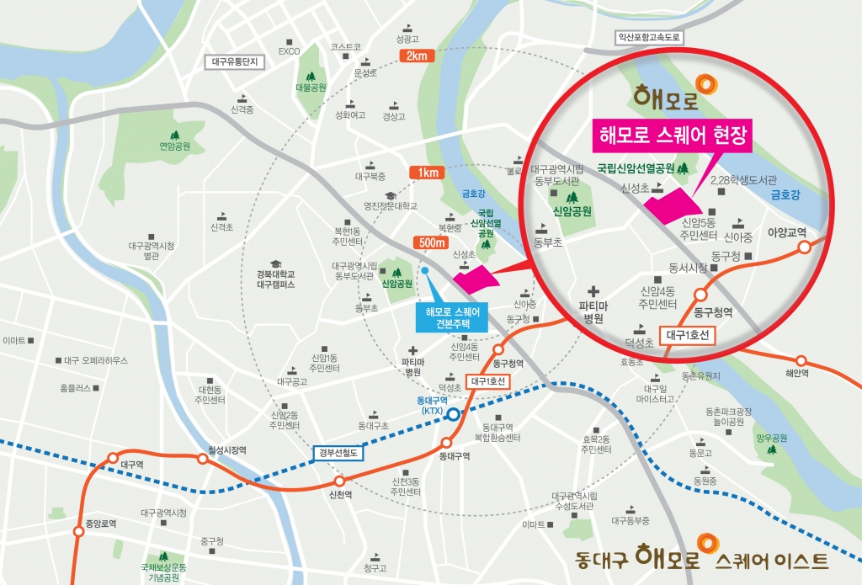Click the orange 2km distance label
[417, 56]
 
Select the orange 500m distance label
[432, 242]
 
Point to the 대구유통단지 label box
[237, 61]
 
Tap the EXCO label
[290, 51]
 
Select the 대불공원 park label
[310, 87]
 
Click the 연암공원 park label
[175, 146]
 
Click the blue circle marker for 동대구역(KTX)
[453, 414]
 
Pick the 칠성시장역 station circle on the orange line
[202, 459]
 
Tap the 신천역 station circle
[339, 481]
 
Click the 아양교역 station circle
[805, 247]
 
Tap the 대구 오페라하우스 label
[96, 360]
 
